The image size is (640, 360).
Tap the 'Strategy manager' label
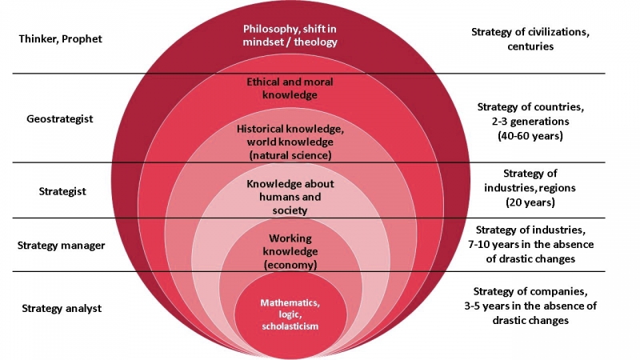pyautogui.click(x=62, y=245)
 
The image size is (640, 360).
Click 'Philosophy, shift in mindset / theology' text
pyautogui.click(x=290, y=35)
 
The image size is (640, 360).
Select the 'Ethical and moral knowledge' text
pyautogui.click(x=289, y=87)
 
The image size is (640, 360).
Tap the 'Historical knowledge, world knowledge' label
pyautogui.click(x=289, y=134)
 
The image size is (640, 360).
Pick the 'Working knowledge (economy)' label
pyautogui.click(x=290, y=251)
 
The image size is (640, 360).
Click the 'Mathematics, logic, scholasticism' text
pyautogui.click(x=289, y=314)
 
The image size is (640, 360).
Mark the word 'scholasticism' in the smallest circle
pyautogui.click(x=289, y=327)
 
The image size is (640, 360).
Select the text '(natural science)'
pyautogui.click(x=289, y=154)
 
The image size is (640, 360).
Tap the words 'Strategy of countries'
pyautogui.click(x=524, y=106)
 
